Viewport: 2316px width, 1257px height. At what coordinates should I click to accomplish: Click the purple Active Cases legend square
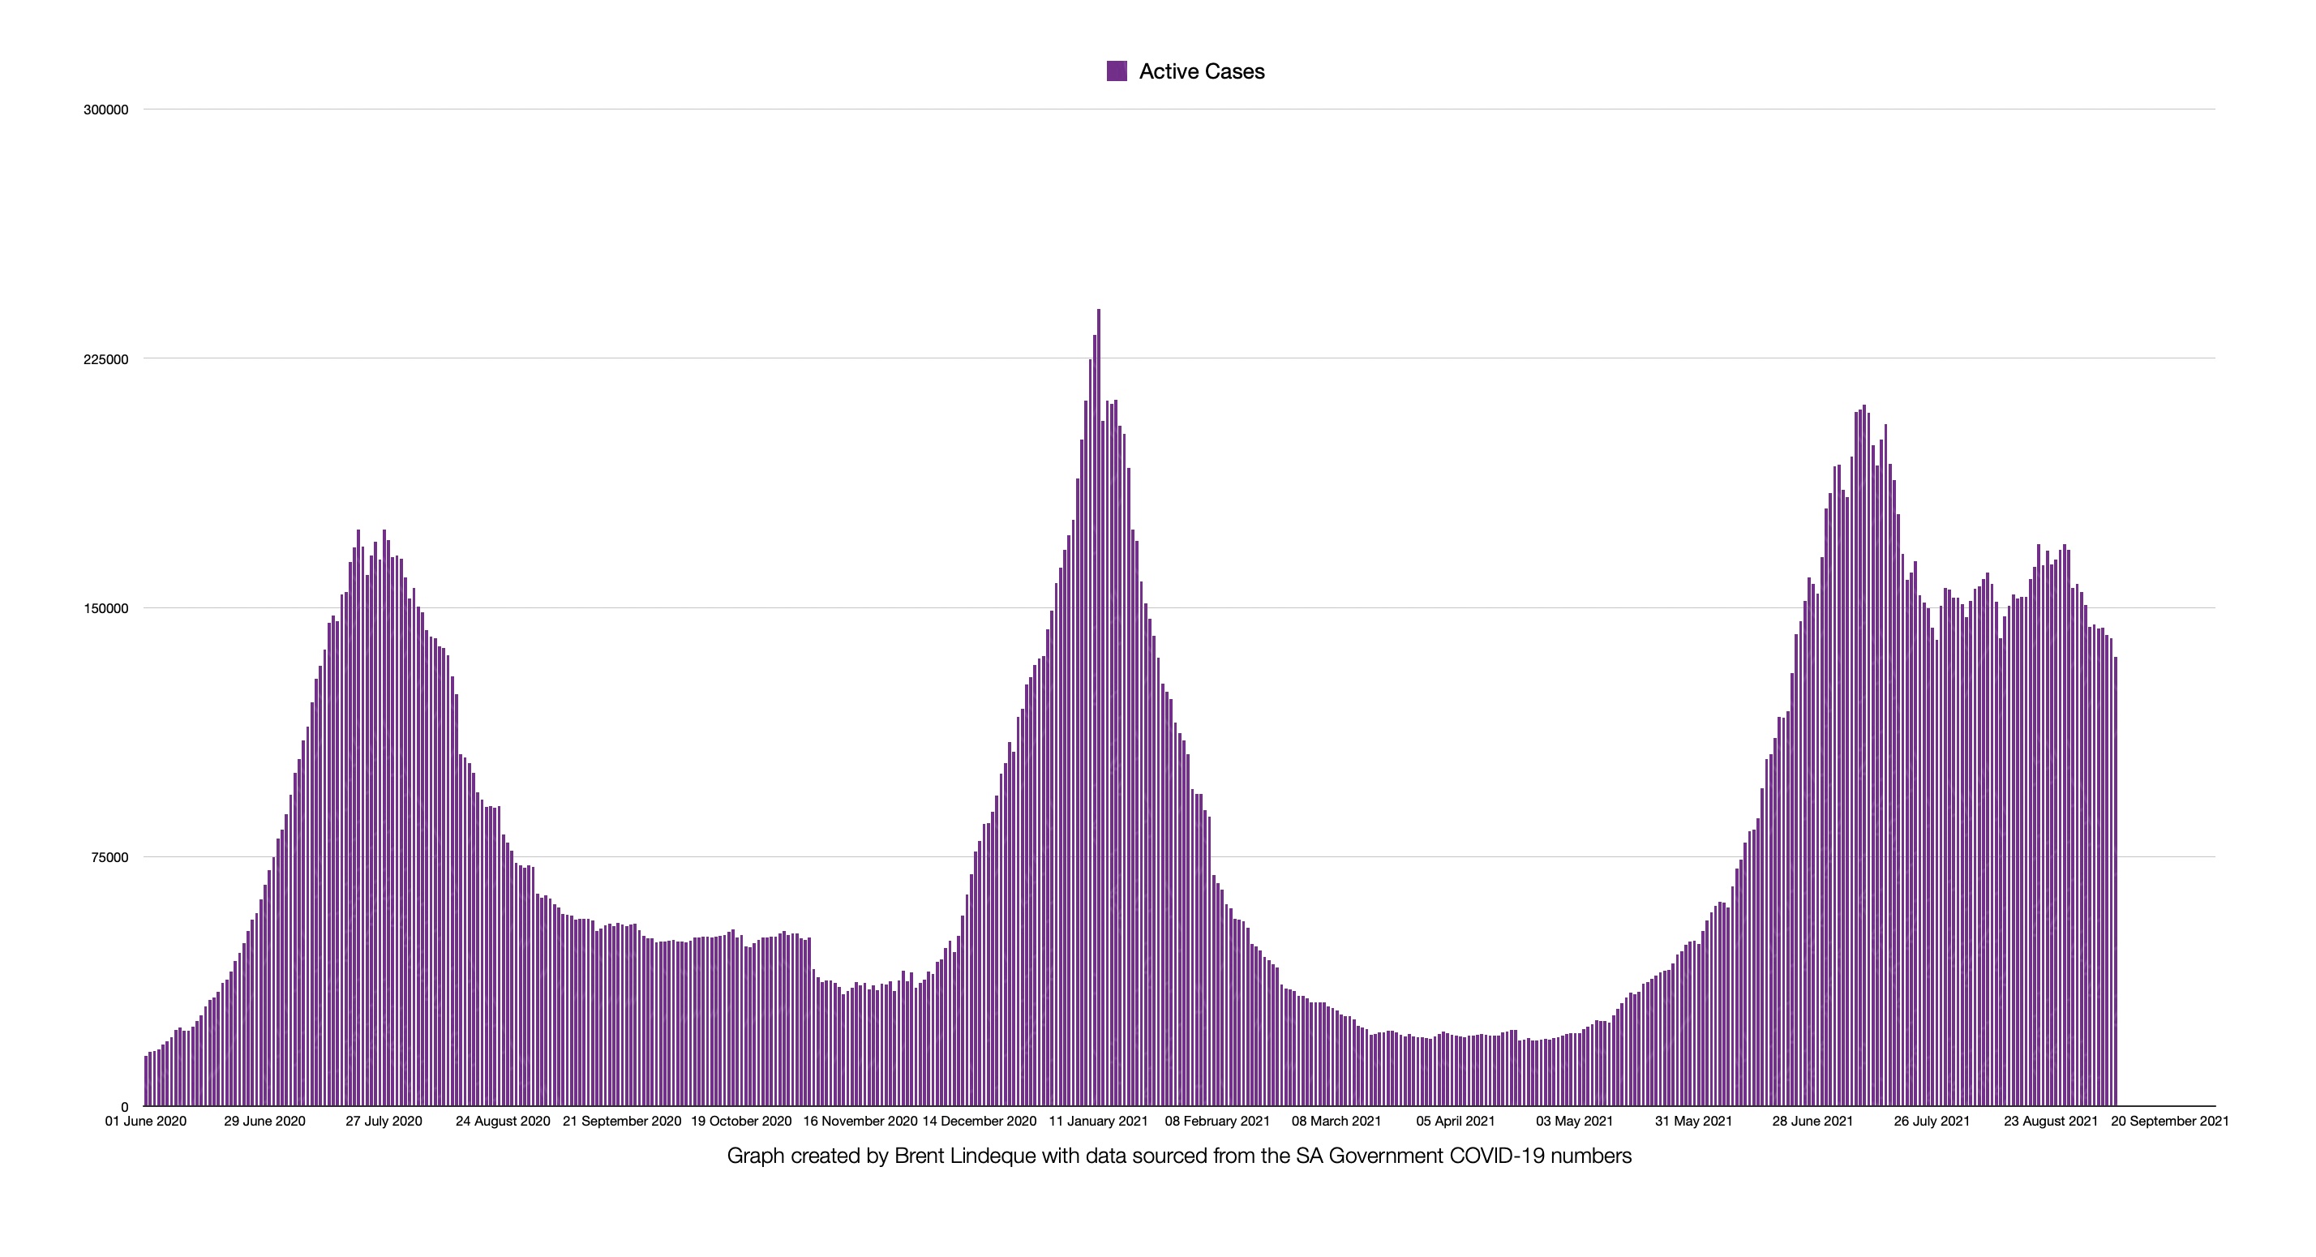(1117, 71)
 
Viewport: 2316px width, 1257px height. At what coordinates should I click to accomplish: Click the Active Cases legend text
(1201, 72)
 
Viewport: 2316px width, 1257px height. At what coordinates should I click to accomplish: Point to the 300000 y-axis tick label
(106, 109)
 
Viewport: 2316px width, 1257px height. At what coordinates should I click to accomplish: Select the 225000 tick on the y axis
(106, 359)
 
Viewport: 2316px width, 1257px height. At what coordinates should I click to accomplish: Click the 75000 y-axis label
(109, 858)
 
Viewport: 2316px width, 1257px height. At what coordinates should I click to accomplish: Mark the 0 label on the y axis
(124, 1107)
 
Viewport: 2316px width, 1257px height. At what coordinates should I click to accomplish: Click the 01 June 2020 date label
(146, 1122)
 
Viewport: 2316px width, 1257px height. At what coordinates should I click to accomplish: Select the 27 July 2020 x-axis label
(384, 1122)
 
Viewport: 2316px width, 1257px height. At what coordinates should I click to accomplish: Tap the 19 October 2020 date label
(741, 1122)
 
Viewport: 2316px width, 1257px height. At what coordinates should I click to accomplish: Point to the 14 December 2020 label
(979, 1122)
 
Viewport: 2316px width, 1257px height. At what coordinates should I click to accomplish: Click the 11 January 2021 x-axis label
(1099, 1122)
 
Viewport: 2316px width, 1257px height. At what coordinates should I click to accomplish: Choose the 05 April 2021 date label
(1456, 1122)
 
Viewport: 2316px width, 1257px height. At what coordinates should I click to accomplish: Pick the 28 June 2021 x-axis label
(1812, 1122)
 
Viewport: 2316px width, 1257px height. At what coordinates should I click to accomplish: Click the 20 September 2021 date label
(2169, 1122)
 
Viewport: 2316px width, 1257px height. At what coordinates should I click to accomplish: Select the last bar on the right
(2116, 882)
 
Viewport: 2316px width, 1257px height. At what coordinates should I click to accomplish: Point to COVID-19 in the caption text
(1506, 1156)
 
